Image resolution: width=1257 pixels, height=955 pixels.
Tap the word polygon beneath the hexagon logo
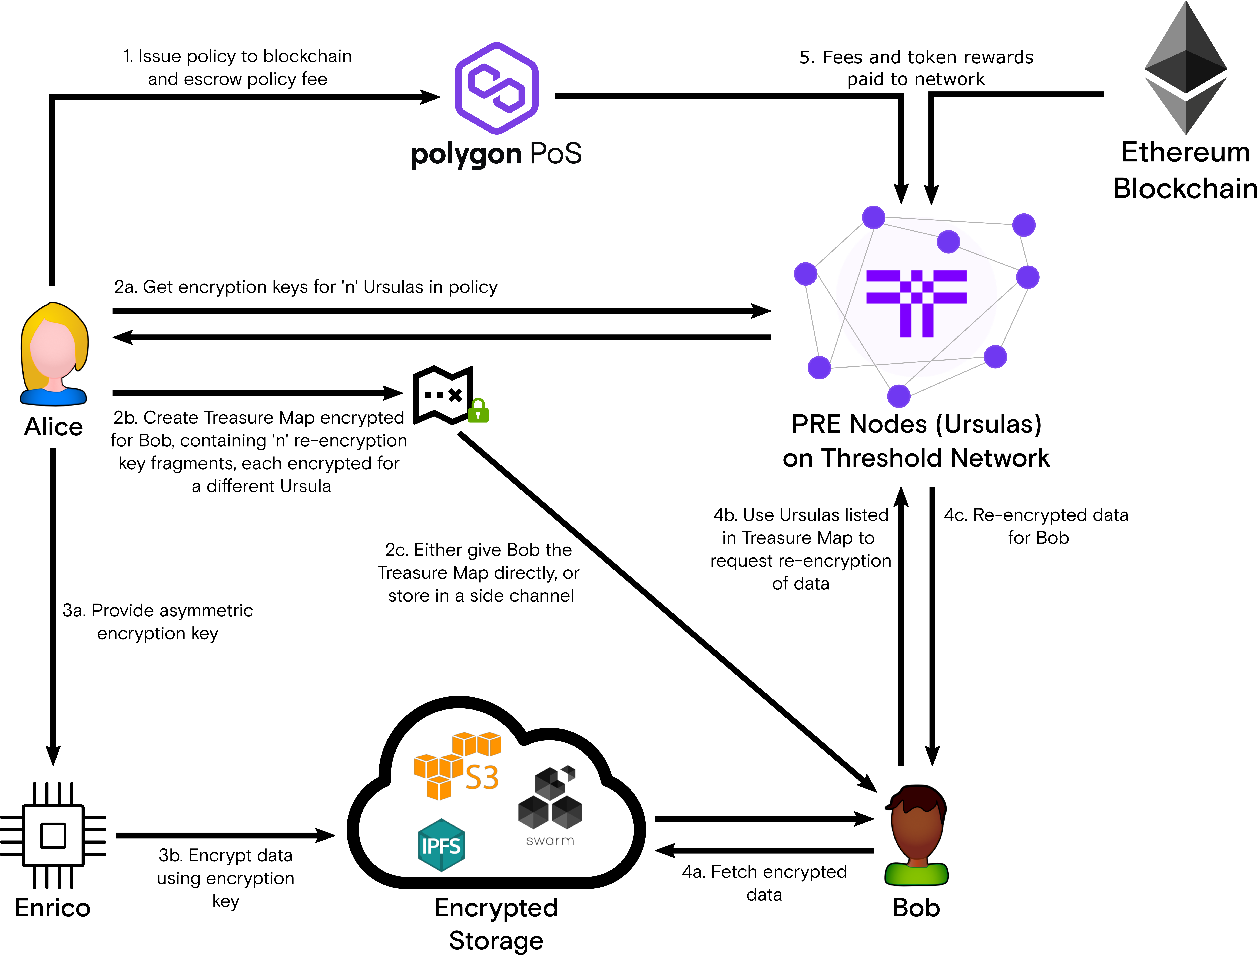coord(466,155)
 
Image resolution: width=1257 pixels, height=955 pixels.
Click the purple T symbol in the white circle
coord(916,301)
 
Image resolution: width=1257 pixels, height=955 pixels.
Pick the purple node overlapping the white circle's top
coord(948,242)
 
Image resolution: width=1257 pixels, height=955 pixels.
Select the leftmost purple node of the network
coord(805,273)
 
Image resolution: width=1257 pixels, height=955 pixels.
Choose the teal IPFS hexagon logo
coord(441,845)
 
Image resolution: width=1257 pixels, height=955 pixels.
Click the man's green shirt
coord(916,874)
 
